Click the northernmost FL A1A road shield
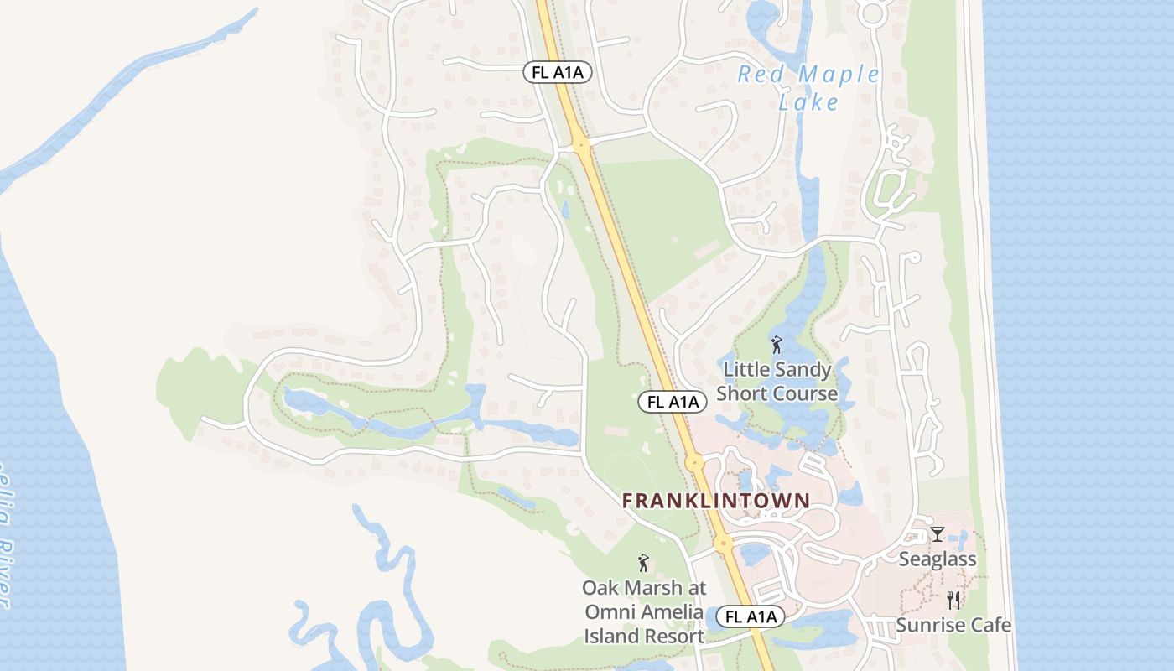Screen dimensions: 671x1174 [x=558, y=72]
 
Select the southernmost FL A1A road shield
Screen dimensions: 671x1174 [x=751, y=617]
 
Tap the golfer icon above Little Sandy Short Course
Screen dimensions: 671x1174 [x=777, y=344]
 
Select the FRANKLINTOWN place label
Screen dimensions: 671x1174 [x=716, y=501]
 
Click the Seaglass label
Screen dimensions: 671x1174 [x=937, y=559]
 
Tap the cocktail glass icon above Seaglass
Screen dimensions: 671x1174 [x=938, y=533]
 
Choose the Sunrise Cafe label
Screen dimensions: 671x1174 [x=953, y=625]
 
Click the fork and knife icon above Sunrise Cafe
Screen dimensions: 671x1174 [x=953, y=600]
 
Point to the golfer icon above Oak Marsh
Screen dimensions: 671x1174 [x=643, y=563]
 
